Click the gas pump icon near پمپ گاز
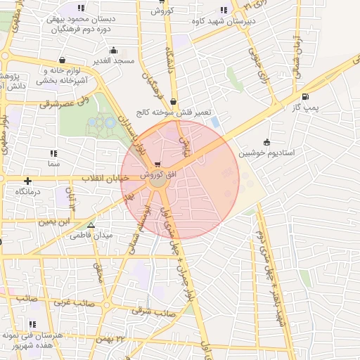(x=304, y=97)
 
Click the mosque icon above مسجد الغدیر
(x=114, y=51)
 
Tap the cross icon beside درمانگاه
(x=27, y=181)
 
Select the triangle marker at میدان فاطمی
(x=91, y=225)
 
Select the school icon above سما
(x=53, y=153)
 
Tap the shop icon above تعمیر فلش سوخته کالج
(x=173, y=101)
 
